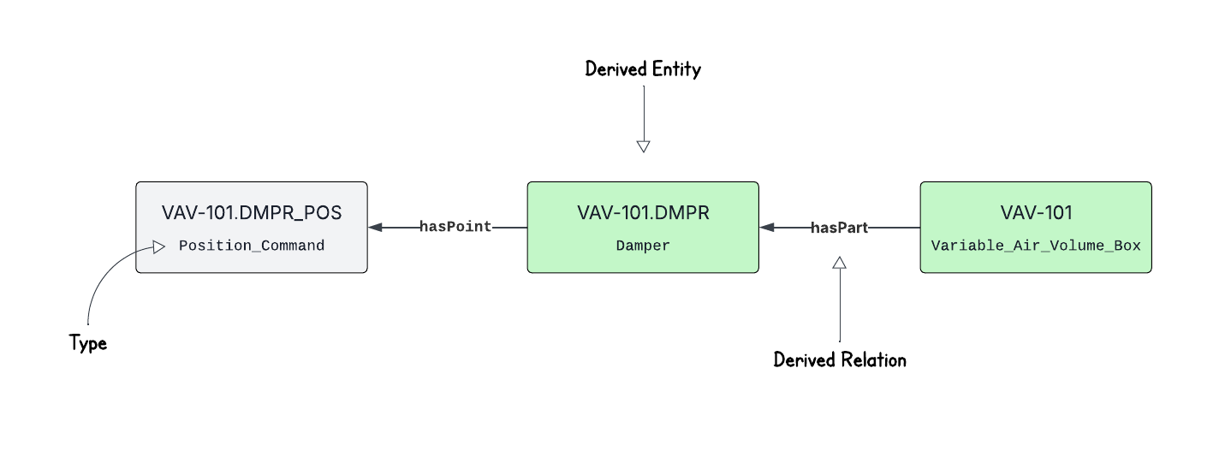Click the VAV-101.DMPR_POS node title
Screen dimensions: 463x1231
click(x=252, y=213)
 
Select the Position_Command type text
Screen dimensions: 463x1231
click(x=252, y=246)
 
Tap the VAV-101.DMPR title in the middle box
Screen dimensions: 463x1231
click(x=643, y=213)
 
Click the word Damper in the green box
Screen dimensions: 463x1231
click(x=643, y=246)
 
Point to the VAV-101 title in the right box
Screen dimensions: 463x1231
click(x=1036, y=213)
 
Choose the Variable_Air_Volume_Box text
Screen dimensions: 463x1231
click(x=1036, y=246)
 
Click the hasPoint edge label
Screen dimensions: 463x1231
click(x=455, y=228)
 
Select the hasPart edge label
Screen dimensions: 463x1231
click(x=839, y=228)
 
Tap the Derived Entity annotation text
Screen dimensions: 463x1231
click(x=643, y=69)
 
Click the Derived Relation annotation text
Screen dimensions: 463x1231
click(x=840, y=360)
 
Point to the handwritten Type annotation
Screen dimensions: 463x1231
click(x=88, y=344)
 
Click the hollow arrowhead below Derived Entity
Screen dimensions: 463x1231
click(x=644, y=146)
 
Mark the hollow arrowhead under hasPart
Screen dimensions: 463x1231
click(x=840, y=263)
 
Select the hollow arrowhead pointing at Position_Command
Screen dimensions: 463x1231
click(x=159, y=247)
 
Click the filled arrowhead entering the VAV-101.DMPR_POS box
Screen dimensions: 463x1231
click(x=376, y=228)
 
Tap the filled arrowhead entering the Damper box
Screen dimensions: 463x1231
click(x=767, y=228)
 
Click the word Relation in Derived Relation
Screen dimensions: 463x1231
click(x=874, y=360)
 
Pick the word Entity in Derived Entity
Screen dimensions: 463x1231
click(x=676, y=69)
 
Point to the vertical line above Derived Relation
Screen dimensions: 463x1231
click(x=840, y=308)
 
